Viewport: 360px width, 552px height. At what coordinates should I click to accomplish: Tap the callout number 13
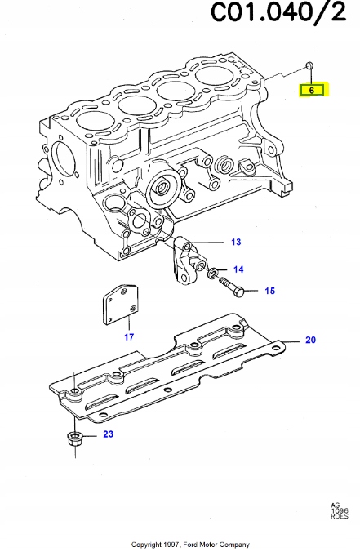(x=235, y=243)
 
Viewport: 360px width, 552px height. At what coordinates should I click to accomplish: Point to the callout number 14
(x=238, y=269)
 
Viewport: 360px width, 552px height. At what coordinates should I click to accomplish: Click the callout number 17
(x=128, y=336)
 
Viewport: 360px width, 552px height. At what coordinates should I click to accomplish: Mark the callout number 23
(x=107, y=436)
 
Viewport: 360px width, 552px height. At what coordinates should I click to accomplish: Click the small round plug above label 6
(x=308, y=65)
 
